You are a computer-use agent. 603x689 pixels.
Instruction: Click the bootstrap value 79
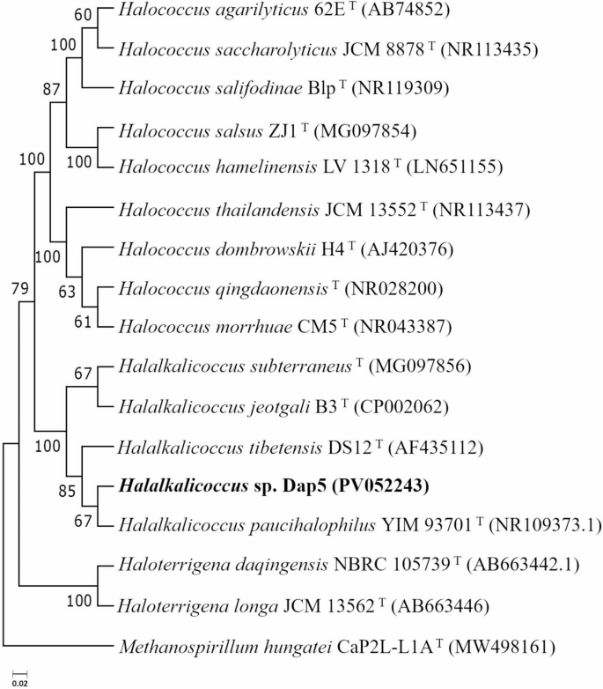click(x=20, y=288)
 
